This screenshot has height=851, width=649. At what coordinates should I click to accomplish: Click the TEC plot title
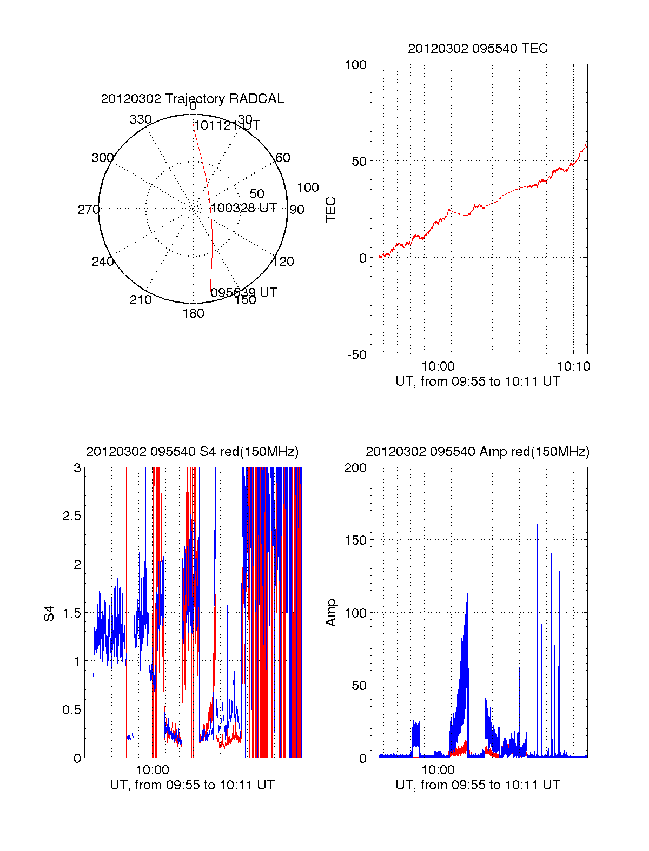(478, 49)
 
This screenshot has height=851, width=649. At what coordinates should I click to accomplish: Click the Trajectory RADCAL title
(192, 99)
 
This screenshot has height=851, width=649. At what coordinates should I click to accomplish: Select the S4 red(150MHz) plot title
(192, 452)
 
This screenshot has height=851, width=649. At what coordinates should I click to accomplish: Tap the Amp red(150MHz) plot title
(478, 452)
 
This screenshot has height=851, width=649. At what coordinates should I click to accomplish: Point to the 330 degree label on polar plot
(141, 119)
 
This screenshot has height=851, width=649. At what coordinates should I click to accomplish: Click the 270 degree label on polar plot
(88, 210)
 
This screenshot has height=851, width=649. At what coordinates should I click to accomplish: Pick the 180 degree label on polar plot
(193, 313)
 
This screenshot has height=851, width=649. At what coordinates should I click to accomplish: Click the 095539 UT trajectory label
(243, 292)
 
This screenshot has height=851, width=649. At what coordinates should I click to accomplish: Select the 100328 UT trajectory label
(243, 208)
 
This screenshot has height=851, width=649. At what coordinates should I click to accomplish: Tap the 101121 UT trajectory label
(227, 125)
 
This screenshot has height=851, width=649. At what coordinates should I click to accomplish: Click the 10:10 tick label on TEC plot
(573, 366)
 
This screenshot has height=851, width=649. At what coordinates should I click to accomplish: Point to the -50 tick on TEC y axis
(356, 355)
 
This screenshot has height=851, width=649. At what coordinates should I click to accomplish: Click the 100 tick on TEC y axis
(355, 65)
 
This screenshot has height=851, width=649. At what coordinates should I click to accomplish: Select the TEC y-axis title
(330, 210)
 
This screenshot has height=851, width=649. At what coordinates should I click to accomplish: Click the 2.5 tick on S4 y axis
(71, 516)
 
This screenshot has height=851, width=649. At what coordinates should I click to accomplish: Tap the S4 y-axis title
(49, 613)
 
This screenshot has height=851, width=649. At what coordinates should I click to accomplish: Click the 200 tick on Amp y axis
(355, 468)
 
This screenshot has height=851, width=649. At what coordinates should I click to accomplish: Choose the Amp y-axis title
(330, 613)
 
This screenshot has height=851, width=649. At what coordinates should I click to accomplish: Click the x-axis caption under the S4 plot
(192, 785)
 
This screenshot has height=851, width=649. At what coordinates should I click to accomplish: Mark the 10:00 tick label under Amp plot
(438, 769)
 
